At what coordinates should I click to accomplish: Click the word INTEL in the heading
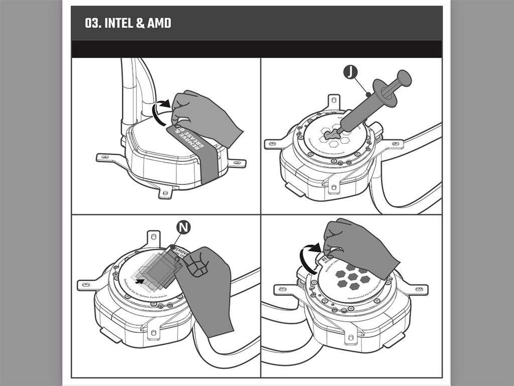tap(118, 23)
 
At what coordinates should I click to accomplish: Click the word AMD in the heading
tap(159, 23)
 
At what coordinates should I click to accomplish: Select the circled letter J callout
tap(350, 73)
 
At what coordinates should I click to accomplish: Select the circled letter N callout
tap(184, 228)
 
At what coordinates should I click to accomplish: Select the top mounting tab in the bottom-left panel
tap(154, 238)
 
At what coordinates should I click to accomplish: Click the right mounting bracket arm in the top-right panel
tap(392, 143)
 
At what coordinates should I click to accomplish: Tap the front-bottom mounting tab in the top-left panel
tap(166, 192)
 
